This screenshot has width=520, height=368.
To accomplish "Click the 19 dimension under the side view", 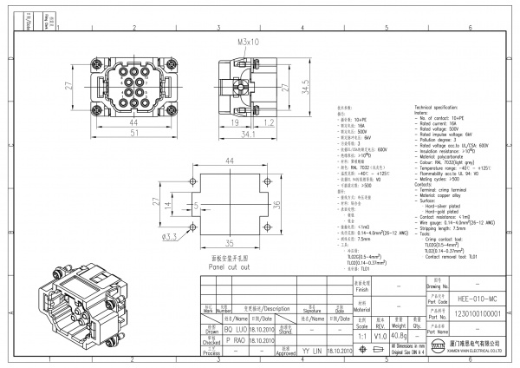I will pos(236,122).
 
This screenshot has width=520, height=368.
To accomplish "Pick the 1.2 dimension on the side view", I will pos(270,122).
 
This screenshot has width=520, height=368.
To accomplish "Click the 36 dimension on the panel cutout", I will pos(276,204).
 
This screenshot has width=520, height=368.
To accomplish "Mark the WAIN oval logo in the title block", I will pos(438,349).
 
